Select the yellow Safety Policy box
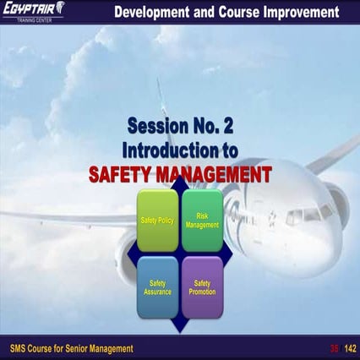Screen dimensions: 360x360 click(x=157, y=221)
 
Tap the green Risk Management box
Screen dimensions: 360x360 click(x=202, y=221)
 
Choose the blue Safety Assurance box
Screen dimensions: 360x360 click(x=157, y=287)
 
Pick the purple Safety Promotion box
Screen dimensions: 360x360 click(x=202, y=287)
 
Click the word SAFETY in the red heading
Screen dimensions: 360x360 click(x=126, y=175)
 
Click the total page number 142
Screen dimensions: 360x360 click(x=346, y=348)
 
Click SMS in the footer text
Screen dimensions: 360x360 click(x=19, y=348)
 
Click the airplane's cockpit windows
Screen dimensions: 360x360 click(x=309, y=215)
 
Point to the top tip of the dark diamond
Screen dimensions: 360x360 click(x=179, y=185)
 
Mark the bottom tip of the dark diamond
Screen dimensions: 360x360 click(x=179, y=330)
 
